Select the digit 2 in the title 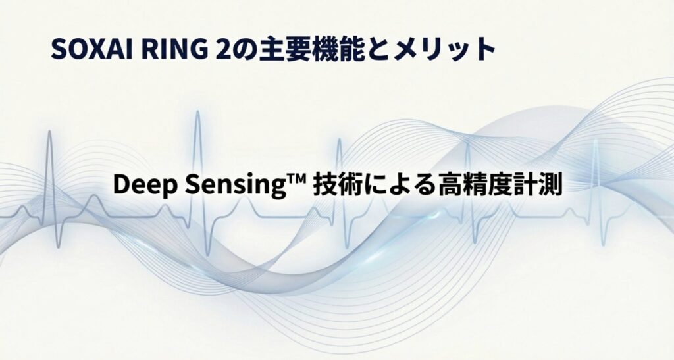220,50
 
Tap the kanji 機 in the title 324,50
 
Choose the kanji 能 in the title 353,50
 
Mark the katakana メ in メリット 408,50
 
